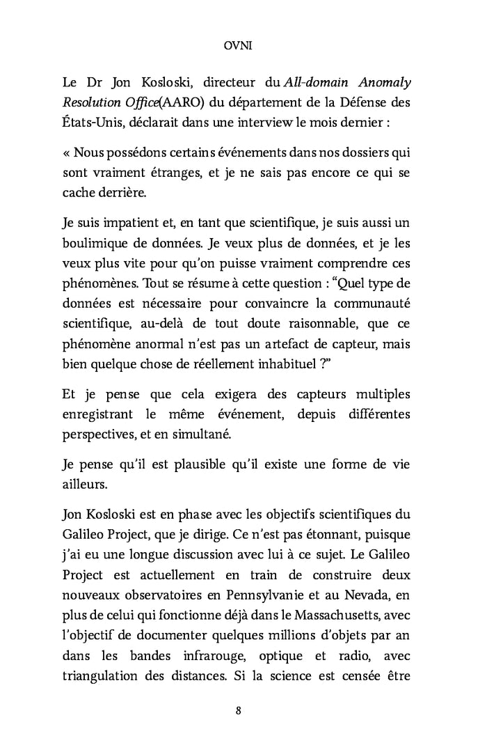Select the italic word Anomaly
tap(383, 83)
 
